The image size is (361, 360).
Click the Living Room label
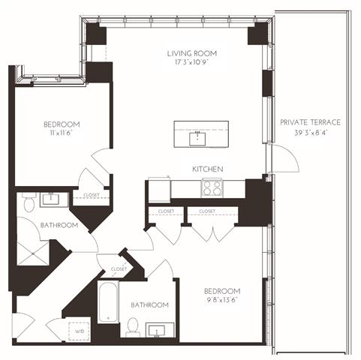click(x=192, y=53)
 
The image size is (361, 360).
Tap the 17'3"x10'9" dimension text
click(x=191, y=62)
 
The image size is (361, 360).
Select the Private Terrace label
click(x=310, y=122)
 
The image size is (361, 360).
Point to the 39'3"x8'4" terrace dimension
click(x=311, y=133)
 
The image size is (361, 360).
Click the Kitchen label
click(x=208, y=169)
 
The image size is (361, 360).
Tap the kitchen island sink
click(x=197, y=139)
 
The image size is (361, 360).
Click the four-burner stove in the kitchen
click(x=212, y=188)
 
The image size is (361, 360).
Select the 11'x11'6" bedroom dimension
click(x=61, y=133)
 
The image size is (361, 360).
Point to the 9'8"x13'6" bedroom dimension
click(x=221, y=300)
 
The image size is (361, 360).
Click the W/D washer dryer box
click(x=80, y=331)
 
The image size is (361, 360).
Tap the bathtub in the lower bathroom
click(x=108, y=302)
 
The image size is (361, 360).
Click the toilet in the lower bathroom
click(x=133, y=327)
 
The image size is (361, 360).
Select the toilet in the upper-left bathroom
click(x=29, y=202)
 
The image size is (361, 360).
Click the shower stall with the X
click(x=33, y=253)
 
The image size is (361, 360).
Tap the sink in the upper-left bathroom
click(x=51, y=199)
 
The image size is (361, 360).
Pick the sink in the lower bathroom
click(x=157, y=330)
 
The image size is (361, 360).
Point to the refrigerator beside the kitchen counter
click(x=159, y=190)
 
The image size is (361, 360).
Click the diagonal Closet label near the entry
click(x=119, y=269)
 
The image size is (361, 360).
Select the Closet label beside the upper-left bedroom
click(x=92, y=195)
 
